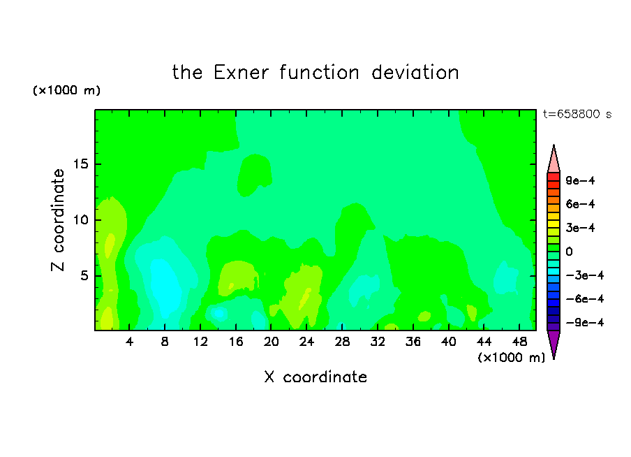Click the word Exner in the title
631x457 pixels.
pos(241,73)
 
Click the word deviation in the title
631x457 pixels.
pos(415,73)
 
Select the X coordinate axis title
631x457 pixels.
pos(315,377)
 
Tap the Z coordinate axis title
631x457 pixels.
pos(58,220)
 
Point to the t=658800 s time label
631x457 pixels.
pos(577,114)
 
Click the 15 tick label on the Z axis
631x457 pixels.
pos(80,164)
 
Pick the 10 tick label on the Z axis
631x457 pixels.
pos(80,220)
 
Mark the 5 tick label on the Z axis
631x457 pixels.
pos(84,275)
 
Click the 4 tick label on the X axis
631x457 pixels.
pos(129,342)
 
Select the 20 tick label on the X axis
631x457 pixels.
pos(272,342)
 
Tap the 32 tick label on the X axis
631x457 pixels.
pos(378,342)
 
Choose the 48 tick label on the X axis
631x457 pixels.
pos(519,342)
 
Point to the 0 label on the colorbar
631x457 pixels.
pos(569,252)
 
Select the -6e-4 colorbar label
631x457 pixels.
pos(585,299)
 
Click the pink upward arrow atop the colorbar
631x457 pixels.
pos(554,159)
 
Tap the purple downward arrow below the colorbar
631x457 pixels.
pos(554,344)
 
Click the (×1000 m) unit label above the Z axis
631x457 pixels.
pos(66,90)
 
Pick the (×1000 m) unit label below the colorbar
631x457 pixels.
pos(511,358)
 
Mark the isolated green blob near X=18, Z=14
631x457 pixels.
pos(254,175)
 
